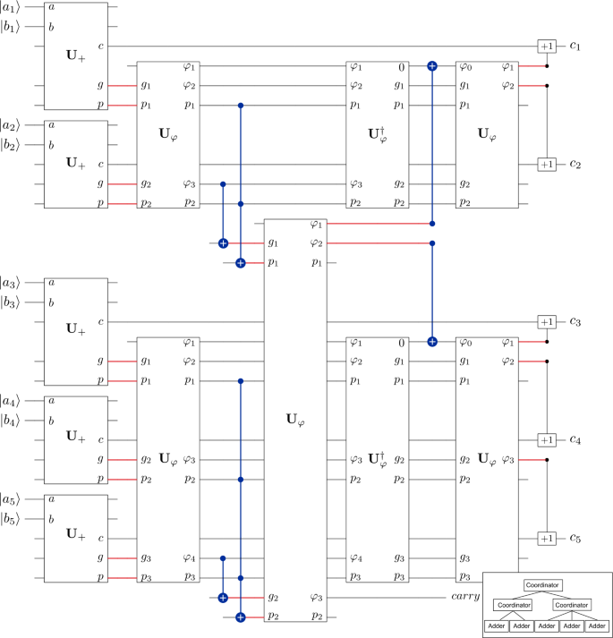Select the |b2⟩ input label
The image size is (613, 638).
[12, 145]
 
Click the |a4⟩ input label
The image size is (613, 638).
[12, 401]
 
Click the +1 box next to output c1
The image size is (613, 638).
[546, 46]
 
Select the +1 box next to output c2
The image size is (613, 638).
[546, 165]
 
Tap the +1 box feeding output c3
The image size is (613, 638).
[546, 321]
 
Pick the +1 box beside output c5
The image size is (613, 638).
[546, 538]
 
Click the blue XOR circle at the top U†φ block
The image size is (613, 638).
[432, 65]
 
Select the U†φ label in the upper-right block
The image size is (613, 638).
[378, 134]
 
